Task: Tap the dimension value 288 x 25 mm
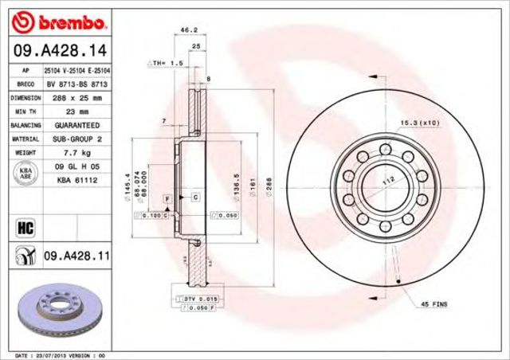point(77,98)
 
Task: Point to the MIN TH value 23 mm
point(77,112)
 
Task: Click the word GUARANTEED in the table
point(77,125)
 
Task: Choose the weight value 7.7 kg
point(77,152)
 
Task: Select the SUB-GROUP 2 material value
point(77,139)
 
